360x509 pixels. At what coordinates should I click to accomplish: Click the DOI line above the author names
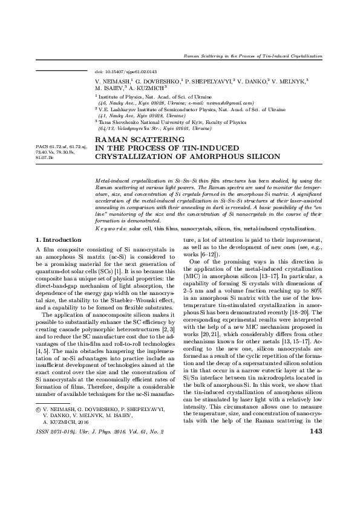pos(122,71)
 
